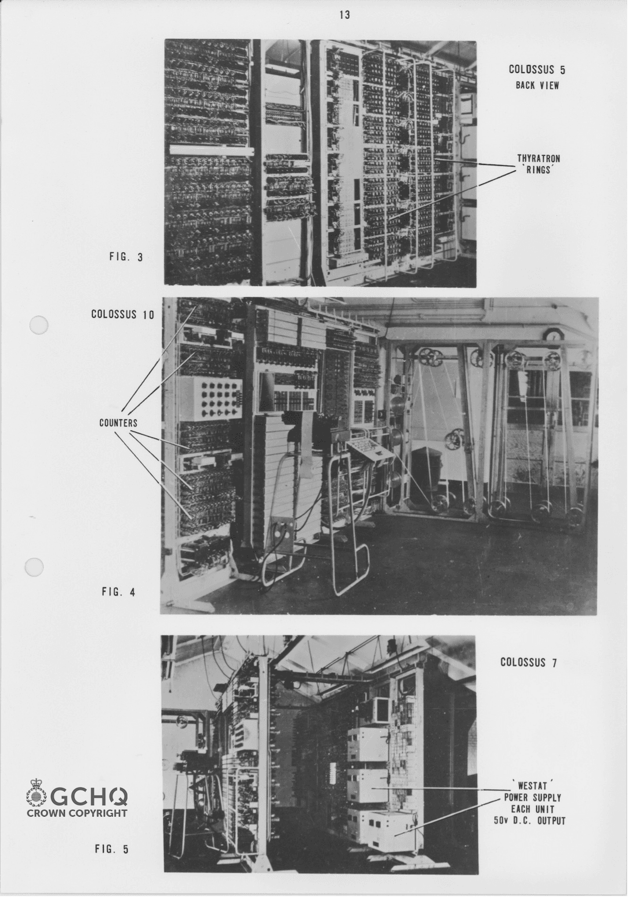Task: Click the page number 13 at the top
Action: (344, 15)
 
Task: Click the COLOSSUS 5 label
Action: (536, 70)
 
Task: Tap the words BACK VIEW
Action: (537, 85)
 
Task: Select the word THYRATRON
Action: (539, 158)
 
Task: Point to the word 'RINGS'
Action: (539, 170)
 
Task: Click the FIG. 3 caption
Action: (126, 257)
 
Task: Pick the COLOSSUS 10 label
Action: (122, 314)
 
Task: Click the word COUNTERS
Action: (118, 423)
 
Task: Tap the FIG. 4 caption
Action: (118, 592)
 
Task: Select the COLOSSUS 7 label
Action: (528, 662)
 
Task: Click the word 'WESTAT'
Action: (532, 786)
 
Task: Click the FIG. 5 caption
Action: (111, 849)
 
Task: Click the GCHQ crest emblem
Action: (37, 793)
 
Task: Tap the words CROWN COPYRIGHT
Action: (77, 813)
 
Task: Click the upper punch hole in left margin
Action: (38, 326)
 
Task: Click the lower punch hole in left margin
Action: (35, 567)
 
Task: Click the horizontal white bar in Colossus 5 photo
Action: (210, 149)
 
